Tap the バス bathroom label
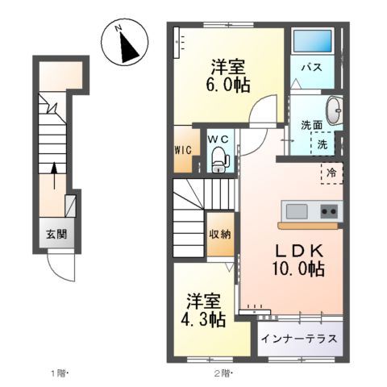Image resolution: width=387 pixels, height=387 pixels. pos(313,67)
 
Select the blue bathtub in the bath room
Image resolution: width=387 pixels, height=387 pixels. pos(313,41)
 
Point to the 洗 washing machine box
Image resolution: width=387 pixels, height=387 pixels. pos(322,145)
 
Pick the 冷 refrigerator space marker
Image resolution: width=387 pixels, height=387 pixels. pos(331,173)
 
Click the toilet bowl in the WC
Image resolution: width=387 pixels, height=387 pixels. pos(218,162)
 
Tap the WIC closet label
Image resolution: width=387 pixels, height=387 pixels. pos(182,149)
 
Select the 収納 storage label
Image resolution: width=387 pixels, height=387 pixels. pos(219,235)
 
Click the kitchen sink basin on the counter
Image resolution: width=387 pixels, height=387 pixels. pos(296,211)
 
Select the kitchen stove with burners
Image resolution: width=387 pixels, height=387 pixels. pos(329,211)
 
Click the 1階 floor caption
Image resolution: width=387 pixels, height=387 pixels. pos(60,373)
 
